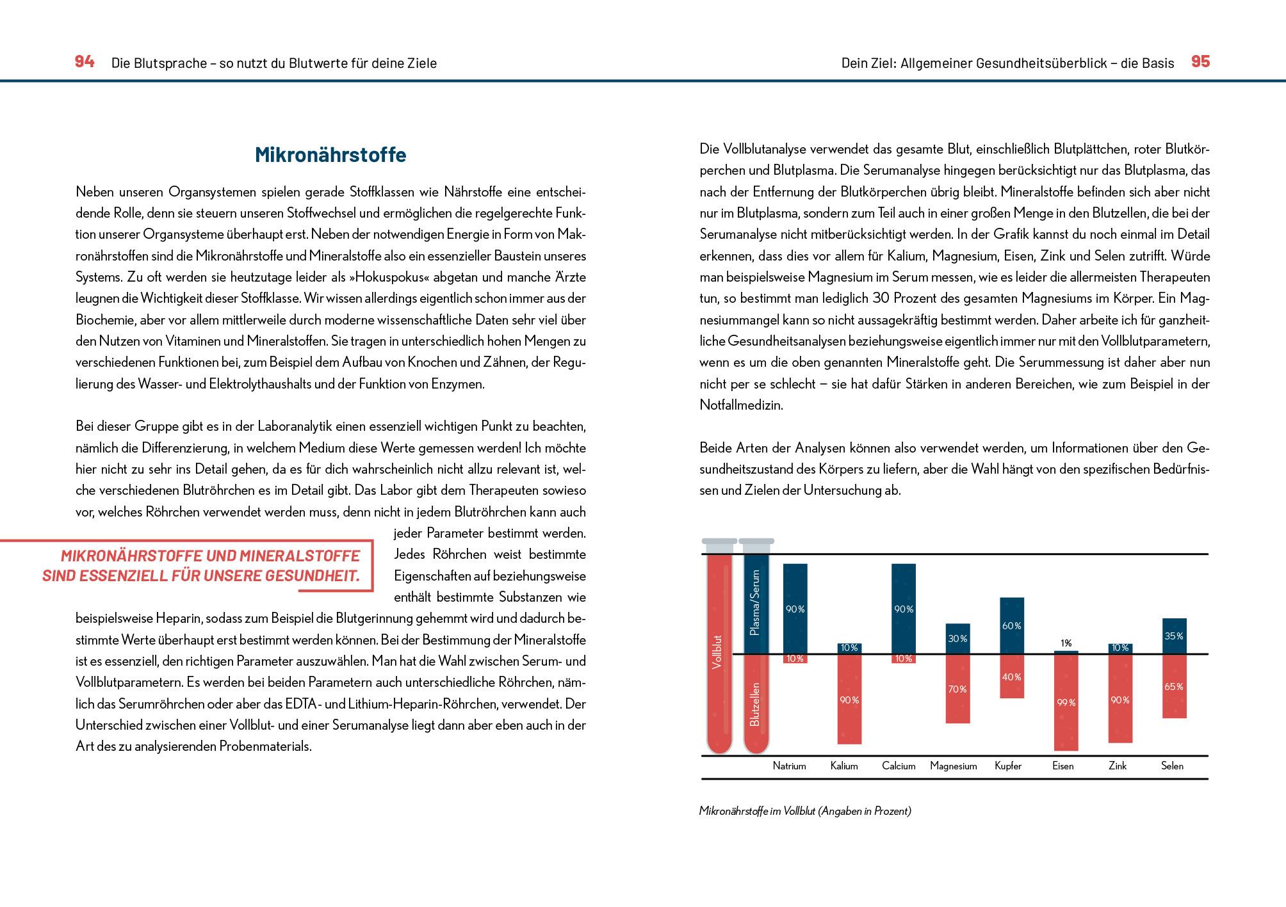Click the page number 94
pyautogui.click(x=85, y=61)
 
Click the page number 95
pyautogui.click(x=1200, y=61)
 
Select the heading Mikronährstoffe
pyautogui.click(x=330, y=155)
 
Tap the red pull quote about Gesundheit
pyautogui.click(x=202, y=566)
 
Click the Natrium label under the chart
pyautogui.click(x=789, y=766)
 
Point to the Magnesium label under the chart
pyautogui.click(x=953, y=766)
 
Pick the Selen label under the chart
pyautogui.click(x=1172, y=766)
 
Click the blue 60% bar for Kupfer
pyautogui.click(x=1011, y=625)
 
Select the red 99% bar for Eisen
pyautogui.click(x=1066, y=702)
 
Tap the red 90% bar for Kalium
pyautogui.click(x=849, y=700)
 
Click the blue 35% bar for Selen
pyautogui.click(x=1174, y=636)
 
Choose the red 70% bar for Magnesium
pyautogui.click(x=957, y=689)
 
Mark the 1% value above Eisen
pyautogui.click(x=1066, y=643)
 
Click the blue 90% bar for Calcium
pyautogui.click(x=903, y=609)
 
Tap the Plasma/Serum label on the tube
pyautogui.click(x=755, y=602)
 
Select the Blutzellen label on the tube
pyautogui.click(x=755, y=704)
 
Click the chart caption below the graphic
pyautogui.click(x=805, y=811)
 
